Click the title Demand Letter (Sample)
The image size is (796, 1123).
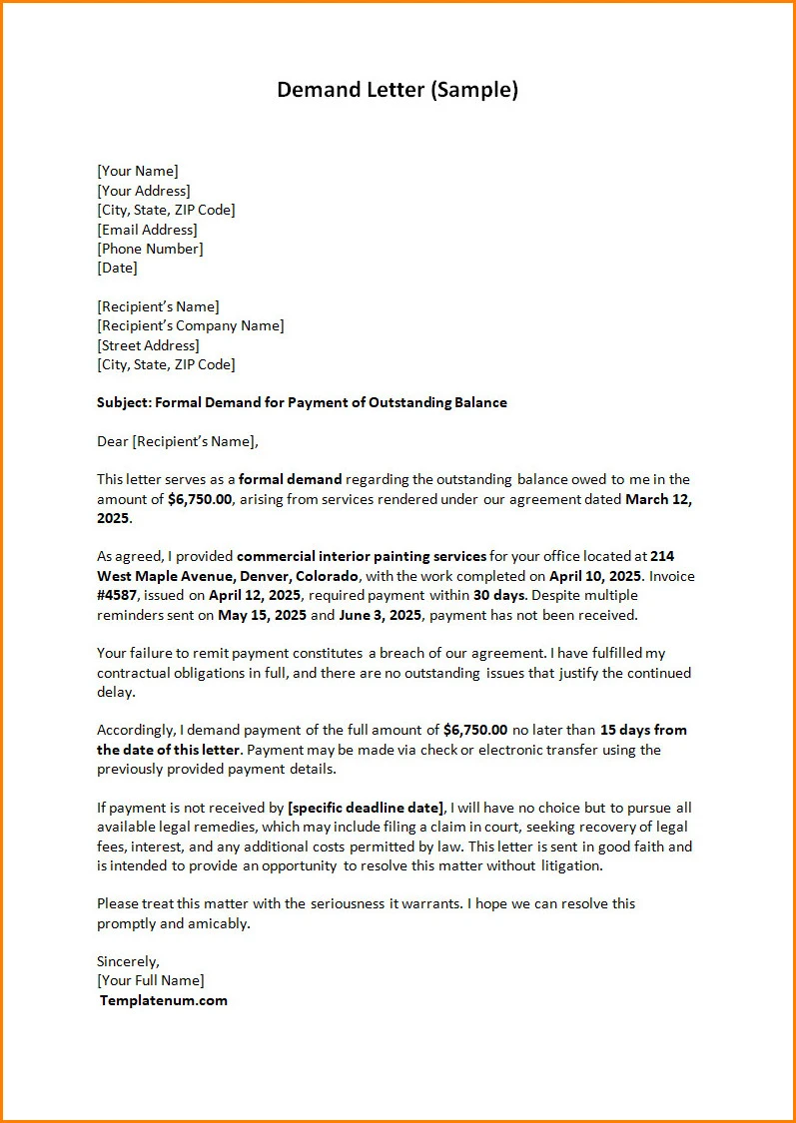(398, 90)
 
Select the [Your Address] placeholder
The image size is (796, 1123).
(143, 191)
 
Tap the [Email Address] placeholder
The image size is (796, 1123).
(147, 230)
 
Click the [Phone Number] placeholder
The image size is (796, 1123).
(150, 249)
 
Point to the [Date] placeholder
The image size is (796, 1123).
(117, 268)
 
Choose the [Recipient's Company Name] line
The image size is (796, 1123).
(190, 325)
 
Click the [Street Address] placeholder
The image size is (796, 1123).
(148, 345)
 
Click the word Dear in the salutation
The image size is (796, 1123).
(113, 441)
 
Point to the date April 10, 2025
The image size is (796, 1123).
(594, 576)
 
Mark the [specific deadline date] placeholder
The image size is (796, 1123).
(365, 808)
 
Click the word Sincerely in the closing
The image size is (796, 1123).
(127, 961)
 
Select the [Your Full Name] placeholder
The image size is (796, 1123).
(150, 980)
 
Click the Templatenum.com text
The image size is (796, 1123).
(163, 1000)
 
